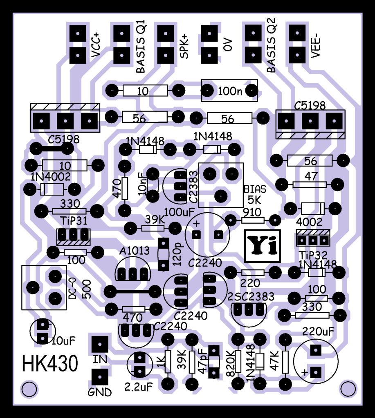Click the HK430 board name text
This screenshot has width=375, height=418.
[50, 363]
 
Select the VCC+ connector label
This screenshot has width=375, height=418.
[97, 47]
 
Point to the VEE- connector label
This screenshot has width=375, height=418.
[316, 47]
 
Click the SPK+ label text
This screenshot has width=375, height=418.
[185, 47]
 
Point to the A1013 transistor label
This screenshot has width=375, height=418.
[135, 251]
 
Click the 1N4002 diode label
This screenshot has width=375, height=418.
[51, 177]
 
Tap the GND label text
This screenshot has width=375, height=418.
[100, 393]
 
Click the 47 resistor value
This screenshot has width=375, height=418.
[311, 176]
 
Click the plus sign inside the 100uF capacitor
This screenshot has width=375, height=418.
[196, 223]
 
